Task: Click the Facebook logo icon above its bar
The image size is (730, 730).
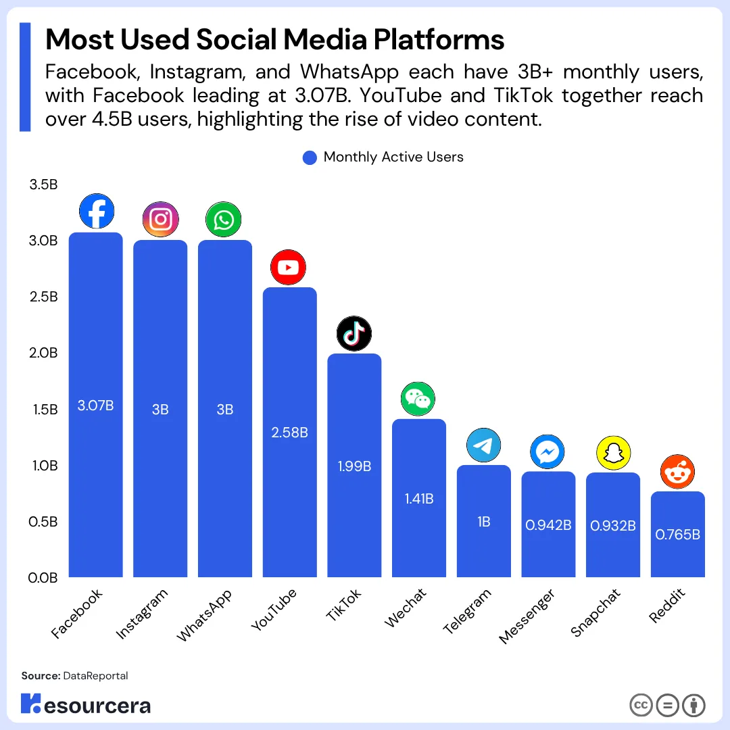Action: [x=96, y=212]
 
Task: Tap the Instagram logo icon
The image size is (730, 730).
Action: [x=160, y=220]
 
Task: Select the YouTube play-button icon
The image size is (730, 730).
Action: [x=288, y=268]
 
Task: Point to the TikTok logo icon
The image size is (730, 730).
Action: [x=354, y=333]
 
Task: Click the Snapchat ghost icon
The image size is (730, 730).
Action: [x=613, y=453]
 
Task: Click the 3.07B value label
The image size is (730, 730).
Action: [x=96, y=406]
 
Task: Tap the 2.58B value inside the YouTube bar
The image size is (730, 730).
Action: [x=289, y=433]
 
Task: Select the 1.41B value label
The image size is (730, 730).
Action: [x=419, y=499]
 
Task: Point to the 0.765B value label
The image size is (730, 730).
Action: [x=677, y=535]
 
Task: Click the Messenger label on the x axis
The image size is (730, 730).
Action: [x=527, y=616]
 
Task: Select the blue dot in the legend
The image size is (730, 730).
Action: [x=310, y=157]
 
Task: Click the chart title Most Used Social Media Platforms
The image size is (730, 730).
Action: [x=274, y=41]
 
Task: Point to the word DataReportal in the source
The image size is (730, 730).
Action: [x=95, y=676]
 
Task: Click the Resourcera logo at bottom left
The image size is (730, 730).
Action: [x=86, y=704]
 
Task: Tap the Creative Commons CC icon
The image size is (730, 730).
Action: [x=641, y=705]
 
